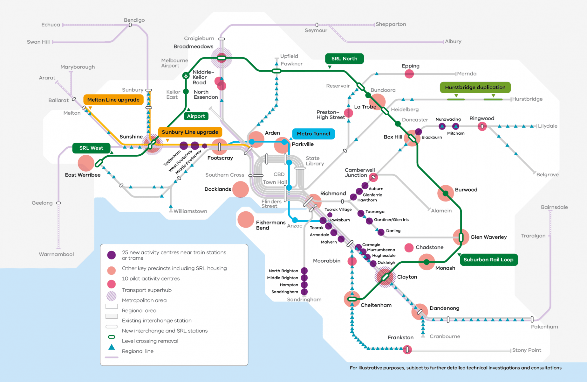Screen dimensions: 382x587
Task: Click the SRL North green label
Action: tap(344, 59)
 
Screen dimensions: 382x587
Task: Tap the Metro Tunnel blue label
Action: tap(313, 134)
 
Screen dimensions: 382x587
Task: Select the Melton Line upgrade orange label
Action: tap(113, 100)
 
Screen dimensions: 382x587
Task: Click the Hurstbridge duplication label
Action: tap(475, 87)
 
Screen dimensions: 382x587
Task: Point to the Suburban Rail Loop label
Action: tap(488, 260)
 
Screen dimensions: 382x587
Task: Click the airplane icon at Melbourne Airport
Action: tap(186, 76)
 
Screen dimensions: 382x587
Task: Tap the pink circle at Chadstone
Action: tap(409, 248)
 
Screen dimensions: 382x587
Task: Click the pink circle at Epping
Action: tap(409, 74)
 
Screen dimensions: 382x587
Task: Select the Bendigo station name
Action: tap(134, 20)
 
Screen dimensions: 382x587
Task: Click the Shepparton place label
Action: tap(391, 24)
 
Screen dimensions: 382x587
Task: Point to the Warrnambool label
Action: tap(56, 254)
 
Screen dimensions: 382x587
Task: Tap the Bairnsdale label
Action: tap(554, 207)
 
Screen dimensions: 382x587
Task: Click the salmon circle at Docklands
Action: tap(241, 189)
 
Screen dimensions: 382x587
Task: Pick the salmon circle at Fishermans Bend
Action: tap(246, 220)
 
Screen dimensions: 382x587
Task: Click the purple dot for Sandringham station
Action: tap(304, 292)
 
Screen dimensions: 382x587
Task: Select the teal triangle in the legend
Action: tap(112, 347)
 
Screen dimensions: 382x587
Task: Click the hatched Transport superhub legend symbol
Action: tap(112, 296)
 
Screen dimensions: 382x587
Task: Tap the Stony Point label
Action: tap(527, 350)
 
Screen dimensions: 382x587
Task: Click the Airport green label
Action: tap(196, 116)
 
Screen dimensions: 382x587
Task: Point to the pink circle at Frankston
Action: tap(407, 350)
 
